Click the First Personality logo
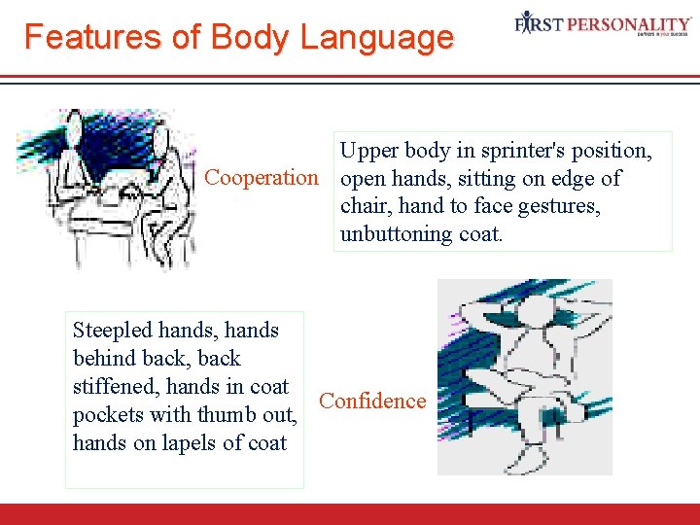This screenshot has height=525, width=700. (603, 23)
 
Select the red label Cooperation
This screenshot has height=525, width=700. (261, 179)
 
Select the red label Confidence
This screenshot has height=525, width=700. (372, 402)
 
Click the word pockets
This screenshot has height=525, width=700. (107, 415)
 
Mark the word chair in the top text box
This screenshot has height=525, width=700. (363, 207)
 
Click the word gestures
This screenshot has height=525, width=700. (562, 207)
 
